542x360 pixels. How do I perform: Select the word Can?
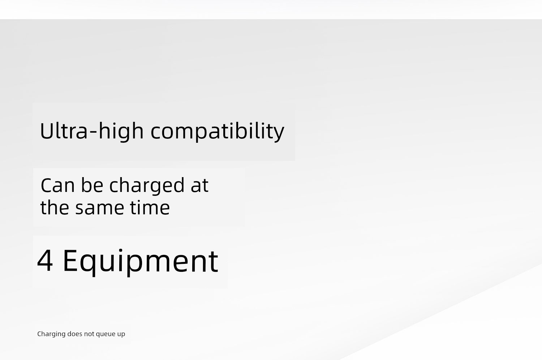coord(57,185)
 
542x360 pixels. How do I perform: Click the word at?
coord(199,186)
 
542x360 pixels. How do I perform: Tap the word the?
coord(55,207)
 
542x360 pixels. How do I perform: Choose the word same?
coord(99,209)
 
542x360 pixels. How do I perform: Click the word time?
coord(150,208)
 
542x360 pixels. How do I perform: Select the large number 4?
coord(45,261)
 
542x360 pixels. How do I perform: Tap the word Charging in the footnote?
coord(51,334)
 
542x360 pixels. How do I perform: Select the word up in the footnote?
coord(121,335)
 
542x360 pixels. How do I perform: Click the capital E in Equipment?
coord(70,261)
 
